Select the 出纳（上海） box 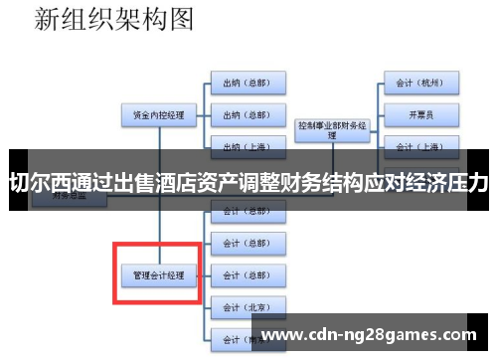click(248, 145)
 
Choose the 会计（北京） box click(248, 305)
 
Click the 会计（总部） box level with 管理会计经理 click(248, 273)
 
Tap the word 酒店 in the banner click(179, 183)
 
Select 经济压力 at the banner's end click(451, 183)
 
